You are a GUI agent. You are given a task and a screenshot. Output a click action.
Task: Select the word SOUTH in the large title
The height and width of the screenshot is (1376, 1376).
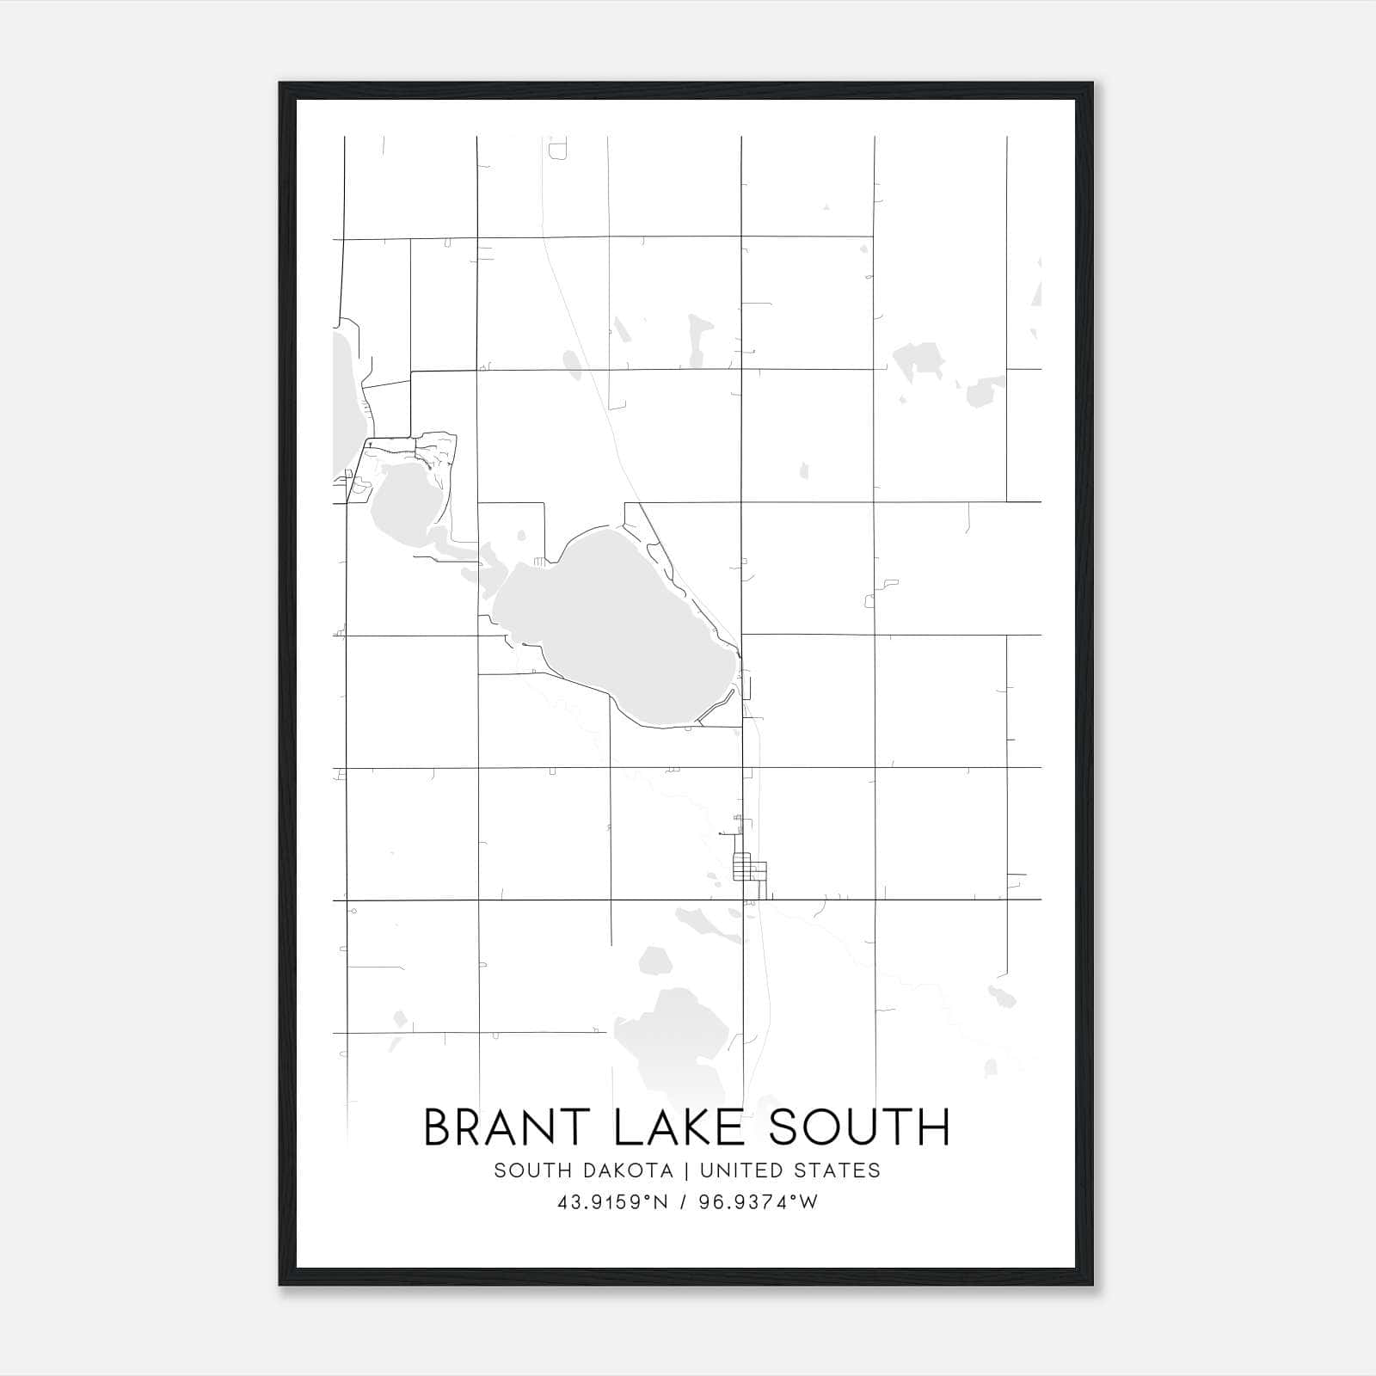860,1127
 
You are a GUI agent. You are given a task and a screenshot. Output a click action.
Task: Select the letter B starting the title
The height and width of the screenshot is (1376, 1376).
440,1127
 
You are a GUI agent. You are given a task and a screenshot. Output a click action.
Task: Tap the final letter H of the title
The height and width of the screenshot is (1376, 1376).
933,1127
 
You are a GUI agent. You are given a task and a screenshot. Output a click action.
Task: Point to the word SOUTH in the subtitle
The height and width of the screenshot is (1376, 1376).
527,1170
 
